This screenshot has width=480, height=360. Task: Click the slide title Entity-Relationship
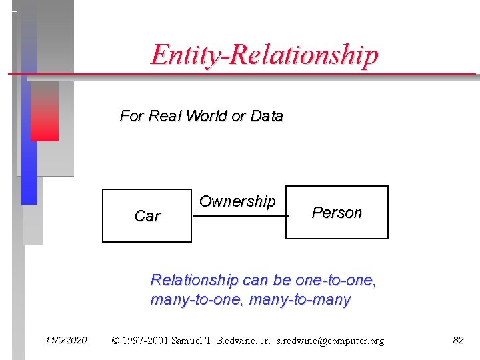tap(264, 55)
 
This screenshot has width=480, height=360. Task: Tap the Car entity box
tap(147, 215)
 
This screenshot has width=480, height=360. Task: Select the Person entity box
tap(337, 213)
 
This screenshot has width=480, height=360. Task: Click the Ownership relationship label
tap(237, 201)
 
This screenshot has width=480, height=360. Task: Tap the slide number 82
tap(458, 340)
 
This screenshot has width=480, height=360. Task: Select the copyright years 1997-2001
tap(146, 341)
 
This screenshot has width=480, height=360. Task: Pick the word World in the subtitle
tap(207, 116)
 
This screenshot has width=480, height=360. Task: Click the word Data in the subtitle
tap(267, 116)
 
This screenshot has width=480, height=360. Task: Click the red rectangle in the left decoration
tap(45, 111)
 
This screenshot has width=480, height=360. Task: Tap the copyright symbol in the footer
tap(116, 341)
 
